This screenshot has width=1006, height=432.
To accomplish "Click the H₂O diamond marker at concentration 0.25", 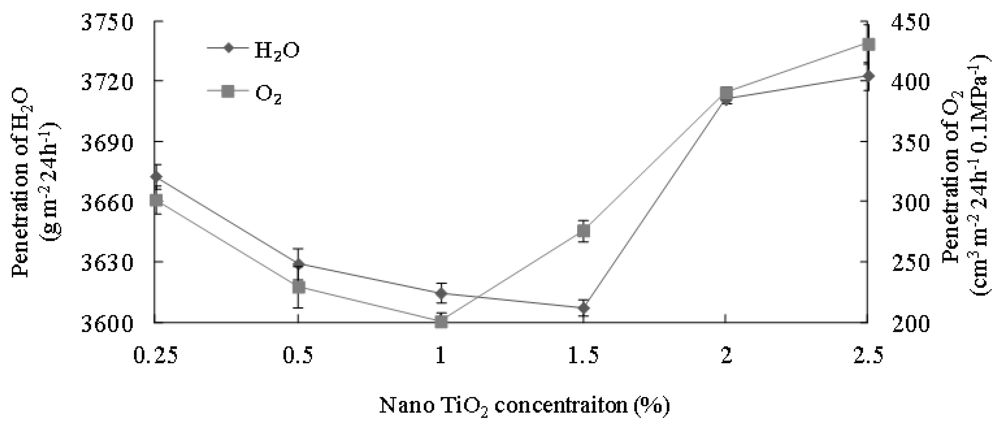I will pyautogui.click(x=156, y=176).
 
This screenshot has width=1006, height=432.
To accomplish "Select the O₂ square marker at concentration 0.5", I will pyautogui.click(x=298, y=287).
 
